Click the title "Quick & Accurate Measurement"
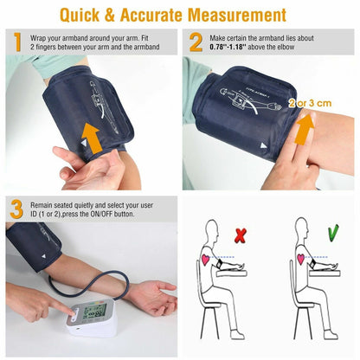tap(180, 15)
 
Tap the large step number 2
tap(196, 42)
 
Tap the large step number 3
tap(17, 209)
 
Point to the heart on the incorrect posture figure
tap(205, 259)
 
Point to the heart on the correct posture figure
tap(300, 259)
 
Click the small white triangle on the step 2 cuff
tap(264, 146)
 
